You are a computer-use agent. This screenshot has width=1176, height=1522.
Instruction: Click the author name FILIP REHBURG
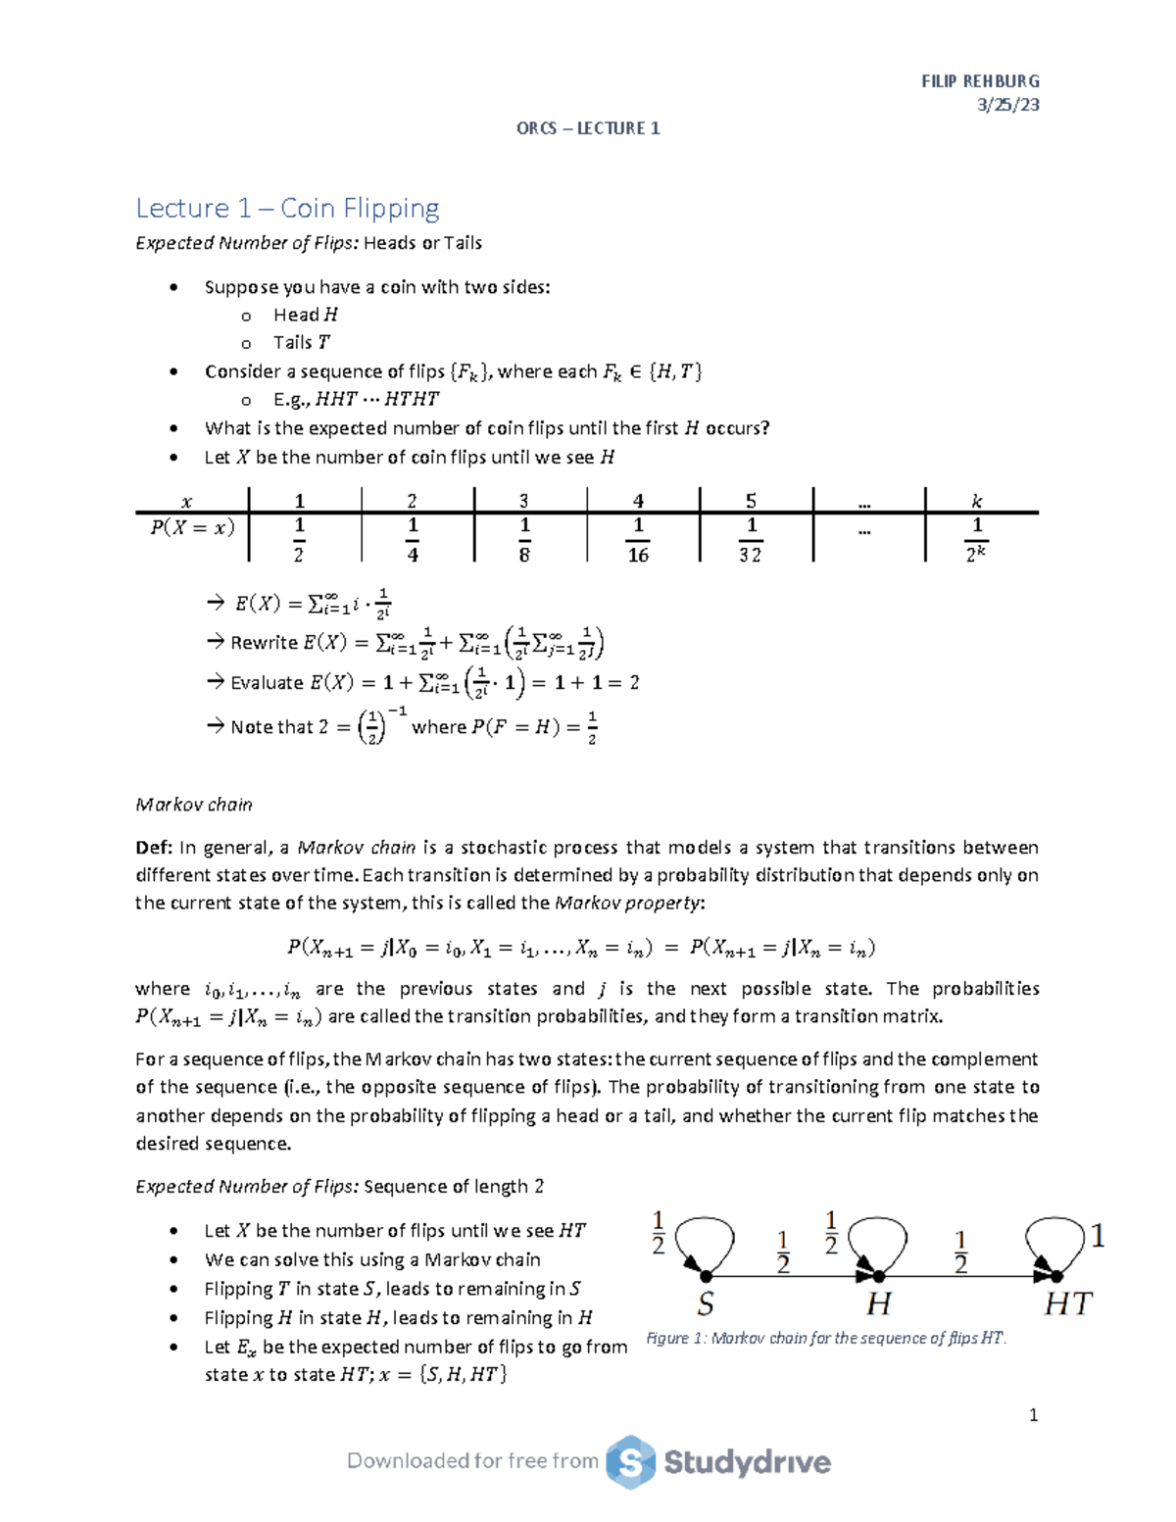980,81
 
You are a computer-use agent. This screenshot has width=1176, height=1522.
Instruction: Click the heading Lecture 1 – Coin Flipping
287,208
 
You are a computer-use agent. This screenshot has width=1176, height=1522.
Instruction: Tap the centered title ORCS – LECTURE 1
588,128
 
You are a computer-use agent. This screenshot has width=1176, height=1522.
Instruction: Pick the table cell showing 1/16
638,540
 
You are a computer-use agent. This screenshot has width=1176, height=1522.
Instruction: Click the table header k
976,501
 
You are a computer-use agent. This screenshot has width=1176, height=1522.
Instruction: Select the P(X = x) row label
192,527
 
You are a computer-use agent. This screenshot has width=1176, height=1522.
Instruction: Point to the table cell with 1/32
751,540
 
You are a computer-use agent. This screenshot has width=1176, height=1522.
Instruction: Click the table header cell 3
524,501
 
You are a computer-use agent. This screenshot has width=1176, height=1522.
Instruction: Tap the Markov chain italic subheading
194,805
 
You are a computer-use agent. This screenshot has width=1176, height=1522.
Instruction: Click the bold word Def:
154,848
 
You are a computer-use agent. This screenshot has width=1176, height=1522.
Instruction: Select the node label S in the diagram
705,1304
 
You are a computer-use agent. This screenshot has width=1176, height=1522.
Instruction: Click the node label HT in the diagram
1067,1304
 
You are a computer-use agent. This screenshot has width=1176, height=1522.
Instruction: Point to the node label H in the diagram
879,1304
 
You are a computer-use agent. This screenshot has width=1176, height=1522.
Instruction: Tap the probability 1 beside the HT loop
1098,1237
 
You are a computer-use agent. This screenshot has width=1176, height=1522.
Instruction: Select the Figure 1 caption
826,1339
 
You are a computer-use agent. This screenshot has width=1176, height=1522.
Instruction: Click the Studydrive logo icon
630,1462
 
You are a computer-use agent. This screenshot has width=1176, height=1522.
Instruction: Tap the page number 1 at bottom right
1033,1414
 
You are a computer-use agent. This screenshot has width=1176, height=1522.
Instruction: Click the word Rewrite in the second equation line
264,643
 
